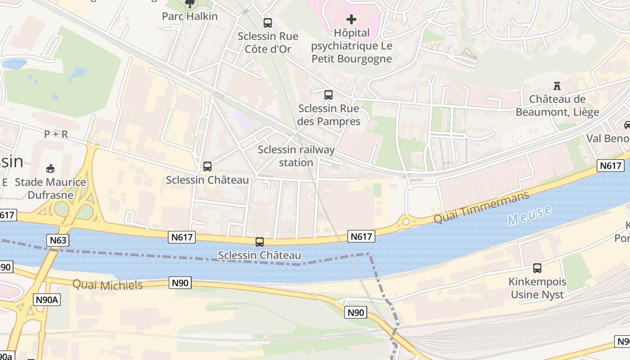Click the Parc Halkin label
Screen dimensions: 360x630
[189, 17]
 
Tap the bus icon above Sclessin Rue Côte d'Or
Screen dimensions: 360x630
[268, 22]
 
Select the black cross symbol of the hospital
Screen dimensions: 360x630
[351, 19]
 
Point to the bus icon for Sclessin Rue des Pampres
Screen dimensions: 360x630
[328, 95]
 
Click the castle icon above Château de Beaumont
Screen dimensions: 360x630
[557, 85]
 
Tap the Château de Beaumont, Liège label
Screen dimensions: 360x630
[557, 106]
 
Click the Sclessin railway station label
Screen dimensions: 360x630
[296, 156]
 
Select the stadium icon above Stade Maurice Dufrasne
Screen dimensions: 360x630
[50, 168]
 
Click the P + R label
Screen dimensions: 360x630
[56, 134]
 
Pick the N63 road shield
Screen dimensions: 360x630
[58, 240]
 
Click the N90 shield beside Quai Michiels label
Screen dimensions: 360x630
[180, 283]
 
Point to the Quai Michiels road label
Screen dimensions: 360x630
[108, 285]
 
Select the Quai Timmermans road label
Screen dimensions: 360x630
[481, 207]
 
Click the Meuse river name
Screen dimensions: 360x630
[529, 216]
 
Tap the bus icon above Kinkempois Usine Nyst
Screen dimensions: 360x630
[537, 268]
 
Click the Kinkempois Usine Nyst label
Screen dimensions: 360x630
[537, 288]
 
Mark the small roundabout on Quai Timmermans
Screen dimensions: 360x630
[406, 221]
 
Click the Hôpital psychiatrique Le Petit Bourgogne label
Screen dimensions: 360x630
[351, 46]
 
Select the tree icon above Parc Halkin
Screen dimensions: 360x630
[190, 4]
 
